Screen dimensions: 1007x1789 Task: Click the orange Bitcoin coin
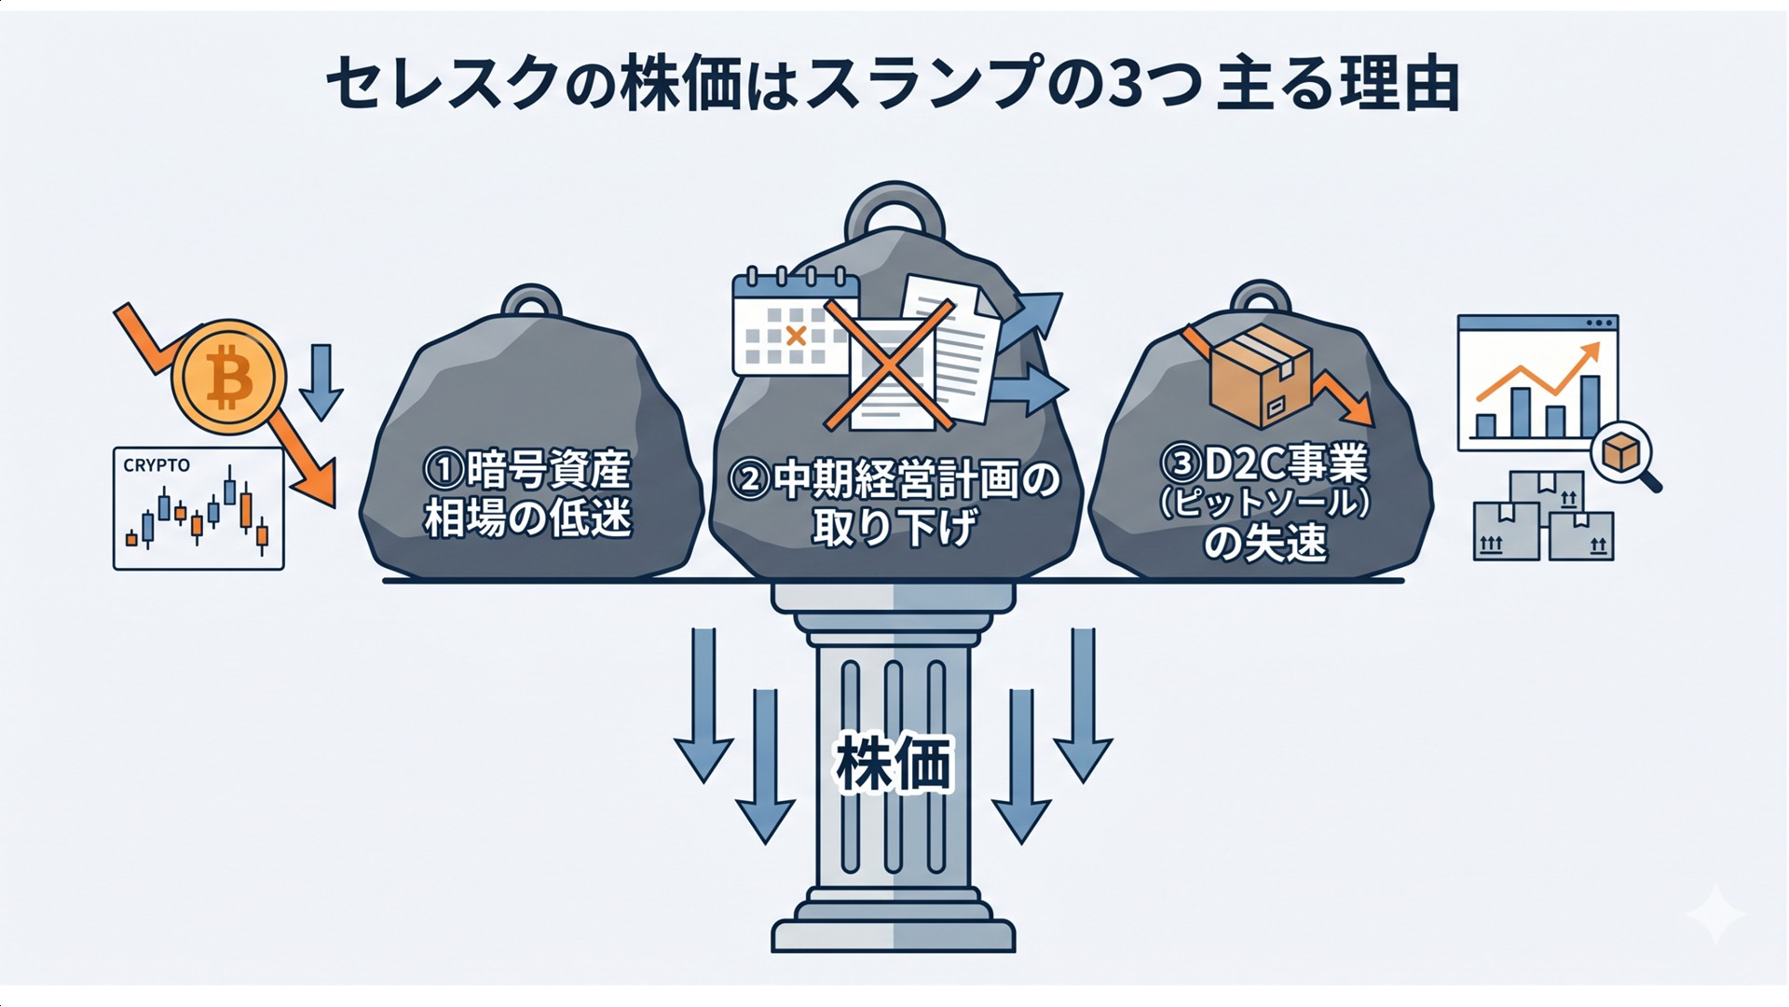229,378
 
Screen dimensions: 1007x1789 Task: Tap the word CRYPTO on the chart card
157,465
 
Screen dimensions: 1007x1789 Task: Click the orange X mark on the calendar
796,337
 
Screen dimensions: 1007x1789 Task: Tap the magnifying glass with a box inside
1624,455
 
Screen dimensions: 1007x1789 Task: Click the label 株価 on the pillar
894,764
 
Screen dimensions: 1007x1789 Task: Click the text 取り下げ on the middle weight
894,529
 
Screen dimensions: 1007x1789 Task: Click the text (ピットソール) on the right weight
1264,504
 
